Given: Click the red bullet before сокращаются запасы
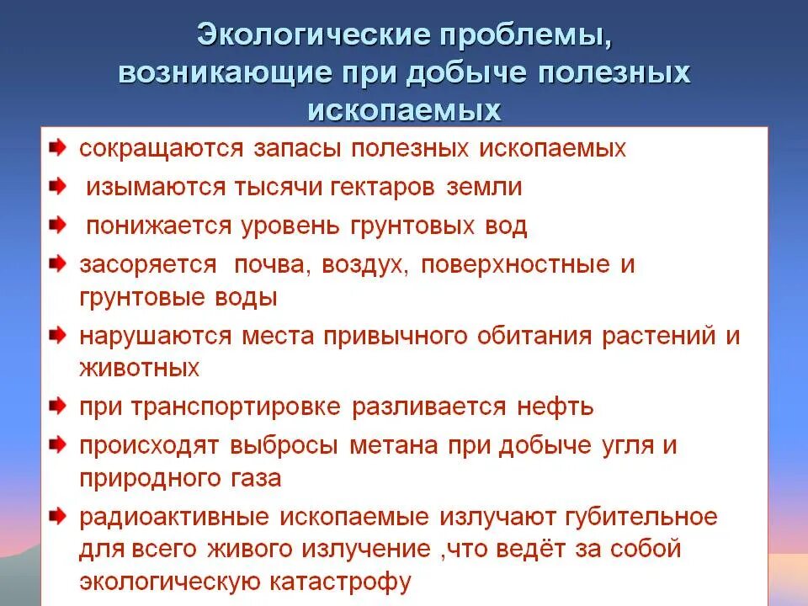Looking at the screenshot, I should click(57, 148).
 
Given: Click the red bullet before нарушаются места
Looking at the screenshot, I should click(57, 336).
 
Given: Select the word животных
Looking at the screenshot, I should click(140, 369).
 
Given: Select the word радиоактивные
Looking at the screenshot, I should click(169, 516).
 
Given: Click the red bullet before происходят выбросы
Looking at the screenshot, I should click(57, 444).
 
